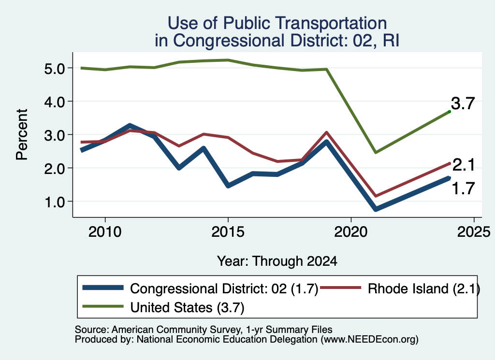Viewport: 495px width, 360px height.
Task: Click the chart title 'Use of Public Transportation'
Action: [x=277, y=23]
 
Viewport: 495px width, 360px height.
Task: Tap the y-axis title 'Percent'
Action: [x=22, y=134]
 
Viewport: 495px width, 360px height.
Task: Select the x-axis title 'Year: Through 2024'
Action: [x=277, y=261]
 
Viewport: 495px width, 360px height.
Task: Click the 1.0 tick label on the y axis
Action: [x=54, y=202]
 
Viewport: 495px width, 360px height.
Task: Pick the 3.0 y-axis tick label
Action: [x=54, y=135]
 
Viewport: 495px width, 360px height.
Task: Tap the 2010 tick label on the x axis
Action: [x=105, y=232]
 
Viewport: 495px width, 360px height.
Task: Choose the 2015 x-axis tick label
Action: [x=228, y=232]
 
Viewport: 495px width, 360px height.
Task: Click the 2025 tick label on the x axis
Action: [x=474, y=232]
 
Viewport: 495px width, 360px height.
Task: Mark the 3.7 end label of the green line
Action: [x=463, y=103]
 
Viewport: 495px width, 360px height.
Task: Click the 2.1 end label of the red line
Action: [x=464, y=165]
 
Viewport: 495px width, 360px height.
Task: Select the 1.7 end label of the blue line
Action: [x=464, y=188]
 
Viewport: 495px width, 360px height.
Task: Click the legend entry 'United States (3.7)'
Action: [x=187, y=307]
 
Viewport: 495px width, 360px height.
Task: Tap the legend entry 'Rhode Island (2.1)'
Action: [x=423, y=288]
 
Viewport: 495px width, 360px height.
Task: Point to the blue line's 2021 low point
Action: [x=375, y=209]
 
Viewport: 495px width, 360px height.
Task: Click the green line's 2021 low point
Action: [x=375, y=153]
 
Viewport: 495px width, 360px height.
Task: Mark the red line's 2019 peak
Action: [x=326, y=132]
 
